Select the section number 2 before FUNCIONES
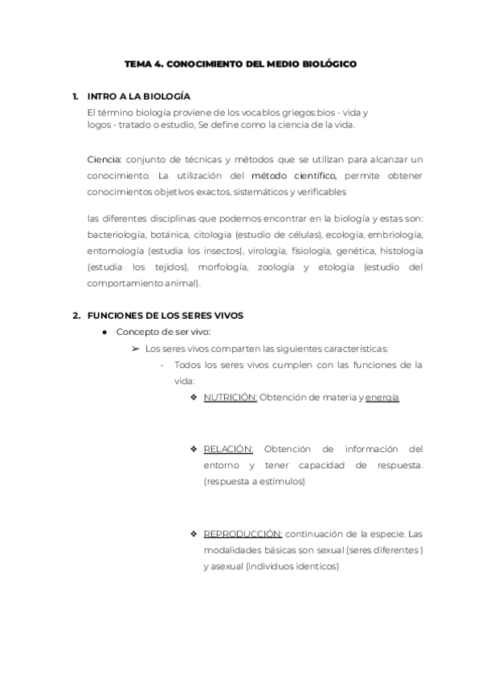click(76, 316)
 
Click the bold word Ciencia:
click(104, 159)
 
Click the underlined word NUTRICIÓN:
click(230, 398)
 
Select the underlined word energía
click(382, 398)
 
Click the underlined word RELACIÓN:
click(228, 449)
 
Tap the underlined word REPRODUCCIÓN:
click(243, 533)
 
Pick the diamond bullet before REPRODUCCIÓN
click(194, 533)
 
